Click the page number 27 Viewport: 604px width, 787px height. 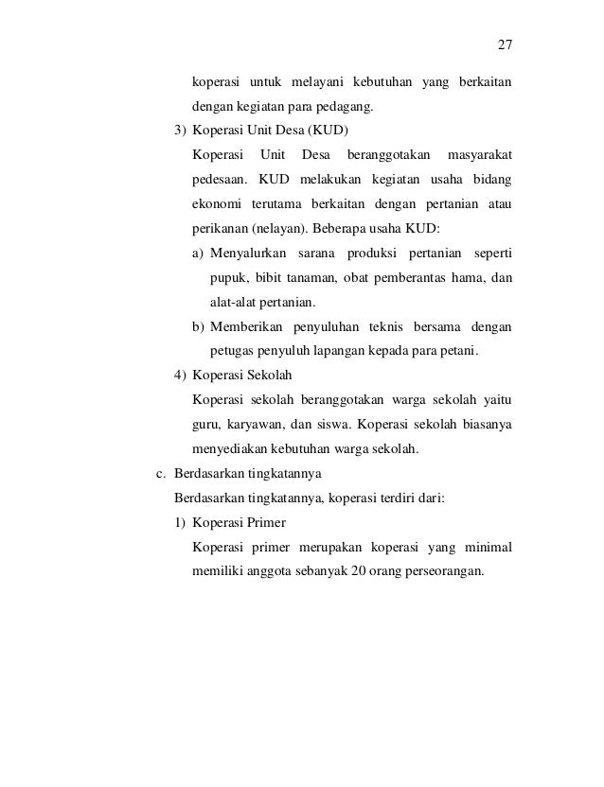(x=505, y=45)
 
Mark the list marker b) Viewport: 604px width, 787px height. (x=198, y=327)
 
